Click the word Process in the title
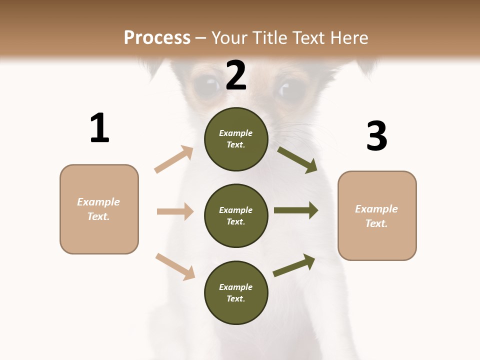[157, 37]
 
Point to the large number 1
[99, 128]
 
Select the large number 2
[235, 75]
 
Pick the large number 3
[376, 136]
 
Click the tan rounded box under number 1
[99, 209]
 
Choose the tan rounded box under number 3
[377, 215]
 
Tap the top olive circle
[236, 139]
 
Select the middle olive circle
[236, 215]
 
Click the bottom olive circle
[236, 292]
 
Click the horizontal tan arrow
[175, 211]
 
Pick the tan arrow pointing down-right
[175, 266]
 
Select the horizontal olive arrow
[296, 210]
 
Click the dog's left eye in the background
[206, 85]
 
